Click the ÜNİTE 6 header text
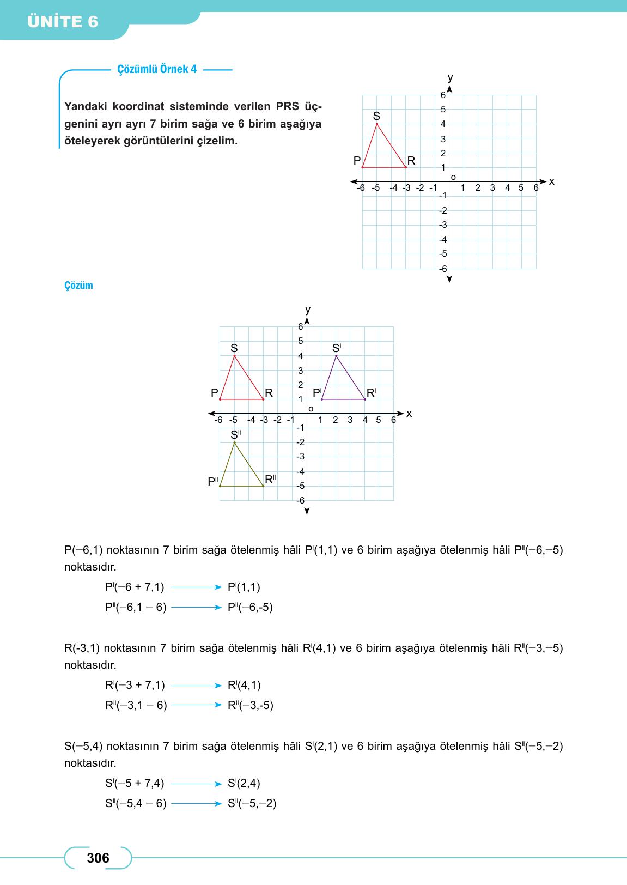(63, 22)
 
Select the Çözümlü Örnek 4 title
(157, 69)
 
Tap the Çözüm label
(78, 286)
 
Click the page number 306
(98, 858)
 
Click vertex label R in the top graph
(411, 161)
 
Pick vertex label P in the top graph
(357, 161)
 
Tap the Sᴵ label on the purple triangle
(337, 348)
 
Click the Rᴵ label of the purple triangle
(372, 392)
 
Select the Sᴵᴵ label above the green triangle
(235, 434)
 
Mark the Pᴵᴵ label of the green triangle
(213, 482)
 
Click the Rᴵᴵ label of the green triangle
(270, 480)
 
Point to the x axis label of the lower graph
(409, 414)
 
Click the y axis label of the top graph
(450, 77)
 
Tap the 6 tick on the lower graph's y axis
(300, 326)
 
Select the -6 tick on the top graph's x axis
(361, 188)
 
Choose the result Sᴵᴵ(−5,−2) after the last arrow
(252, 803)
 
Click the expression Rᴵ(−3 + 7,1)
(135, 685)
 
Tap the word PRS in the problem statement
(288, 106)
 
